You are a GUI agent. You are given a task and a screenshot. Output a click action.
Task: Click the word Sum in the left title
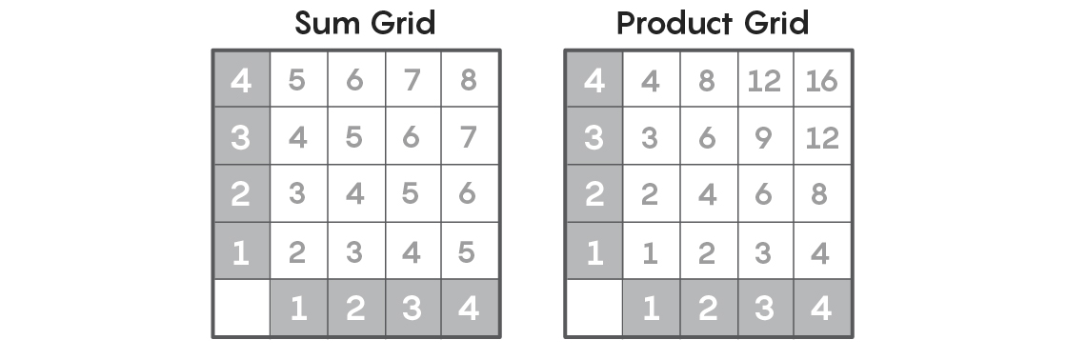click(325, 23)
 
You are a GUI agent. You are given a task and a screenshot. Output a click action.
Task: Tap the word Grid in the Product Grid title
click(776, 23)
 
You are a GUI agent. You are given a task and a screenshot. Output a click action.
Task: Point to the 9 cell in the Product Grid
click(765, 137)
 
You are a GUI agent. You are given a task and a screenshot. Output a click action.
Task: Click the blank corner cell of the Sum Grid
click(241, 310)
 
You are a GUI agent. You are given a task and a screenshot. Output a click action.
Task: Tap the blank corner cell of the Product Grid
click(594, 310)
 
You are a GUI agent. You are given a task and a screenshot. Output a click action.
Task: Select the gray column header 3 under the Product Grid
click(765, 310)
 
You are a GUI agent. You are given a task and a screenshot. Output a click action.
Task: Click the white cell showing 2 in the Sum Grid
click(297, 252)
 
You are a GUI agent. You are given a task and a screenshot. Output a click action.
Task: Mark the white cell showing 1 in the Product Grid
click(651, 252)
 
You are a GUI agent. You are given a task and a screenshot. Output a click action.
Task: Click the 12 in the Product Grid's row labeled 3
click(821, 137)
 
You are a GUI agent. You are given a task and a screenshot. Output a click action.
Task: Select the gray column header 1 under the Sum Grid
click(297, 310)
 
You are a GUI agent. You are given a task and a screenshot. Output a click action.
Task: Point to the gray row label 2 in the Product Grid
click(594, 194)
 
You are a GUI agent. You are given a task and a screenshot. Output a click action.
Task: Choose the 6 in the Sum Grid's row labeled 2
click(468, 194)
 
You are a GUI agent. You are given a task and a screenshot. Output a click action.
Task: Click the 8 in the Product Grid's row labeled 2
click(821, 194)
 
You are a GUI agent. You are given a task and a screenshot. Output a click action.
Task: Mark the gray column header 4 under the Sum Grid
click(468, 310)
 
